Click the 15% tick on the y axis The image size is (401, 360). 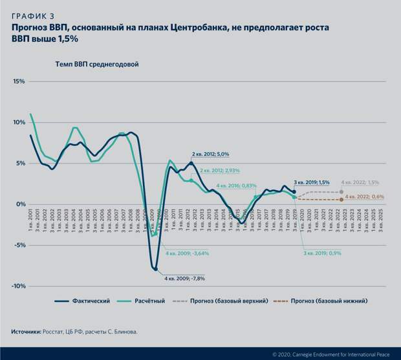pos(18,81)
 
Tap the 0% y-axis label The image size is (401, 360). pos(20,204)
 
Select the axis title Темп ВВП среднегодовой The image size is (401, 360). pos(95,64)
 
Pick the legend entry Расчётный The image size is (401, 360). pos(150,301)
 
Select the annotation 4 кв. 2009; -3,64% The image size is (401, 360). pos(187,253)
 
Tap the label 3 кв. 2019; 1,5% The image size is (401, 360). pos(312,182)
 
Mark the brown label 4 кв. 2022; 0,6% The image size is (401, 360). pos(365,196)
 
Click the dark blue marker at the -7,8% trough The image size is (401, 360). pos(156,268)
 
